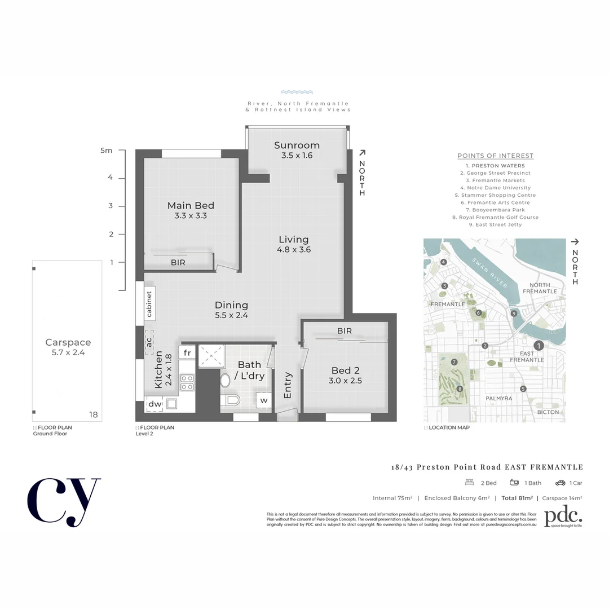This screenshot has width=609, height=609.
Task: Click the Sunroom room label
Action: tap(297, 145)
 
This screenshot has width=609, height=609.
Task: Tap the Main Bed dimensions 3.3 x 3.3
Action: tap(191, 215)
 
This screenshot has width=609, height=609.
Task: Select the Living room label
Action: tap(293, 239)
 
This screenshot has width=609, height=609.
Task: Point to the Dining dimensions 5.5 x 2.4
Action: tap(231, 315)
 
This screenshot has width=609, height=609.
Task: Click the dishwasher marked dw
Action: tap(153, 404)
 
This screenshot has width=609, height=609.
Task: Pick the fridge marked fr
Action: tap(187, 352)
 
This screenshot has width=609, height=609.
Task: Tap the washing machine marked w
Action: tap(263, 400)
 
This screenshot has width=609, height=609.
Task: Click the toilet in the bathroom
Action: tap(230, 400)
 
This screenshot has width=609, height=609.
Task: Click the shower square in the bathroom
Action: tap(211, 356)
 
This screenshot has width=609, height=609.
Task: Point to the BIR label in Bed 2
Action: tap(345, 331)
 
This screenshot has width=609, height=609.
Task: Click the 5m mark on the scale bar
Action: tap(107, 151)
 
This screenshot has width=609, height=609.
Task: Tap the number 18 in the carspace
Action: tap(94, 414)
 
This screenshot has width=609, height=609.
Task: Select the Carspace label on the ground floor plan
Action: tap(68, 342)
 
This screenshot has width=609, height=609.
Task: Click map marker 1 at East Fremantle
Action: tap(539, 346)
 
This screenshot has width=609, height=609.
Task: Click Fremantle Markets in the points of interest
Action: tap(495, 180)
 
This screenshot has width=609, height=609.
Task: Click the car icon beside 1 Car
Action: tap(559, 483)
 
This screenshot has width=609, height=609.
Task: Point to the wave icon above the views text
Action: tap(297, 92)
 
